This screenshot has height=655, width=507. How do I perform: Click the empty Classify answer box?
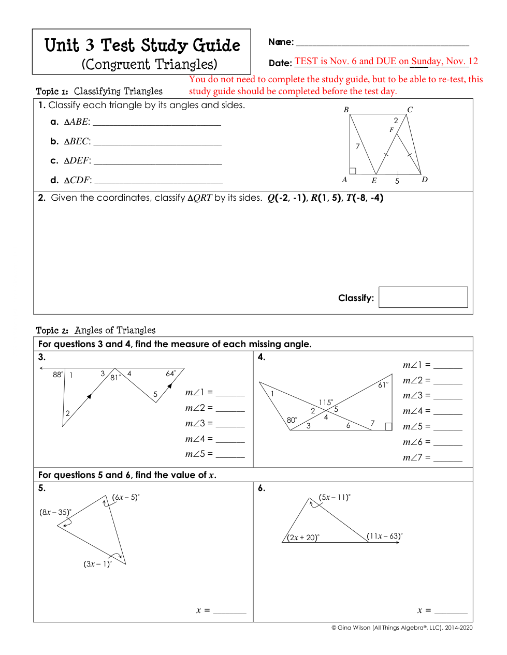click(423, 297)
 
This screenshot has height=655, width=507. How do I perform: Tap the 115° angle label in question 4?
click(326, 402)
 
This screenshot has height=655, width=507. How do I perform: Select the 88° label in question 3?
click(58, 375)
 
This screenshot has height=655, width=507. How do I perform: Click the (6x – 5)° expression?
click(126, 497)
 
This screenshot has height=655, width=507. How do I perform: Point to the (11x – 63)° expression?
click(384, 536)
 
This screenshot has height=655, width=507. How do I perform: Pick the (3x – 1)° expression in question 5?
click(97, 564)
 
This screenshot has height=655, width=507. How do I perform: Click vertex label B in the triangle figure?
click(346, 110)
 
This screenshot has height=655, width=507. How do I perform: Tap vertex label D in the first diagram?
click(425, 180)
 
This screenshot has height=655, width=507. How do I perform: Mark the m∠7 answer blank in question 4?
click(447, 459)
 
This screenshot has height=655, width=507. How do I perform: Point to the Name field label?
click(281, 42)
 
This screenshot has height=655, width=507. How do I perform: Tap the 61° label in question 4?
click(383, 385)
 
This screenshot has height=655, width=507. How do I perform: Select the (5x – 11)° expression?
click(335, 497)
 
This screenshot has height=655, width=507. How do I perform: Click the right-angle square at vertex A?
click(353, 171)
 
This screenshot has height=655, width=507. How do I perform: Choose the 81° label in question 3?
click(115, 378)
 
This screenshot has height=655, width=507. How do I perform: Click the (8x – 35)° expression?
click(55, 512)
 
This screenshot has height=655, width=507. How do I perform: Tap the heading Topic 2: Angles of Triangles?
click(96, 330)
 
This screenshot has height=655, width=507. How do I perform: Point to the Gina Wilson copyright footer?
click(402, 628)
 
